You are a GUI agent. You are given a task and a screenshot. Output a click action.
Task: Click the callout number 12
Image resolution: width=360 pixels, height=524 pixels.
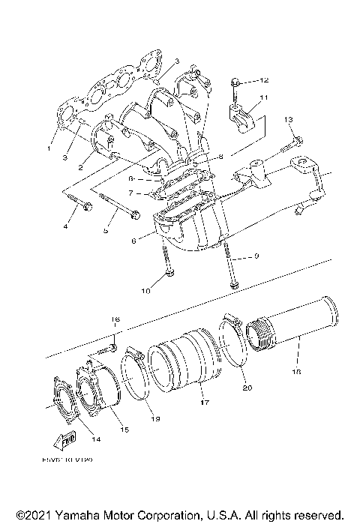pos(264,79)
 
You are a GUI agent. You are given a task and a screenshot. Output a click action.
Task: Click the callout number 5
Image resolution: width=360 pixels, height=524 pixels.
pos(105,231)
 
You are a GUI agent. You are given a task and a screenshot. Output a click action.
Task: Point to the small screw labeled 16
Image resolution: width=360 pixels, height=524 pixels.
pos(111,346)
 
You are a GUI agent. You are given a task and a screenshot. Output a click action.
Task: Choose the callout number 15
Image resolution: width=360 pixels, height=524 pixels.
pos(125,430)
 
